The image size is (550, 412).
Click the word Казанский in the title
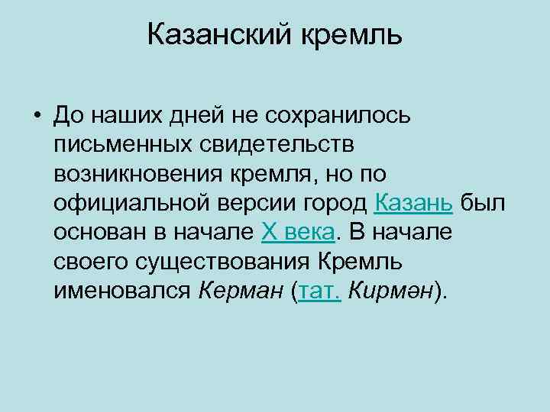212,35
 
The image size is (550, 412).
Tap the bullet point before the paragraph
37,117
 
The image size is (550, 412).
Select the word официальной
126,203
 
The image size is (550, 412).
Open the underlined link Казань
415,203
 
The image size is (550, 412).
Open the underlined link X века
297,232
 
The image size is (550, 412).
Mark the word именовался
122,290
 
